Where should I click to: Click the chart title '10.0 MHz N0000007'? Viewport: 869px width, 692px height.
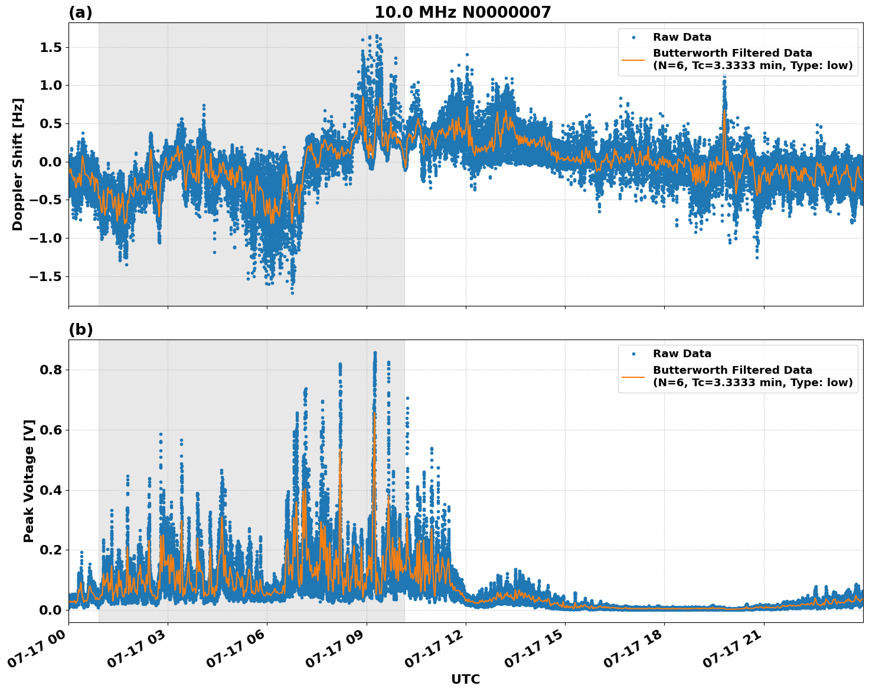pyautogui.click(x=462, y=12)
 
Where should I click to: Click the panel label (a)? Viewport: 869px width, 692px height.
pyautogui.click(x=80, y=12)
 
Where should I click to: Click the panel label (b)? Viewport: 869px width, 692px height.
pyautogui.click(x=80, y=329)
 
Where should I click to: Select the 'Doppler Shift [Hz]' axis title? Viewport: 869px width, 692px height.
pyautogui.click(x=18, y=164)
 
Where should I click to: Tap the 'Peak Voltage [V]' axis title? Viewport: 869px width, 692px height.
pyautogui.click(x=29, y=481)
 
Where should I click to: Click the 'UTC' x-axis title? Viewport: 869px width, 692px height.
pyautogui.click(x=465, y=679)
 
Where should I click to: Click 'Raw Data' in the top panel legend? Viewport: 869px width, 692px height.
pyautogui.click(x=682, y=37)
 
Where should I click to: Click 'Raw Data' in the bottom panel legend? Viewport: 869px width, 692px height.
pyautogui.click(x=682, y=354)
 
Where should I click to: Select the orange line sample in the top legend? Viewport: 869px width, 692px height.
pyautogui.click(x=633, y=60)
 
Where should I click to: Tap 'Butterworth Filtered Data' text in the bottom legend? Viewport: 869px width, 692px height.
pyautogui.click(x=732, y=370)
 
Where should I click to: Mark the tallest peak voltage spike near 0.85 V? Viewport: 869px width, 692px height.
pyautogui.click(x=375, y=353)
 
